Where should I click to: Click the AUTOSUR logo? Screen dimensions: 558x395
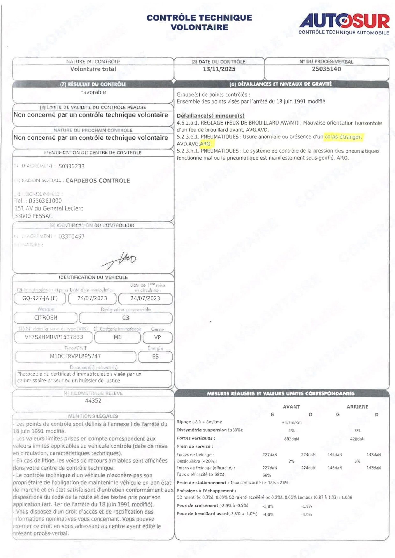click(344, 23)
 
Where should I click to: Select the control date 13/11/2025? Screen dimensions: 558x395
click(219, 69)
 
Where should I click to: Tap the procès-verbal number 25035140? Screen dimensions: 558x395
click(326, 69)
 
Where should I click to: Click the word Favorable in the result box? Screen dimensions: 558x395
click(93, 92)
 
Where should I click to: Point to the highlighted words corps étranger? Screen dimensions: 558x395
click(343, 137)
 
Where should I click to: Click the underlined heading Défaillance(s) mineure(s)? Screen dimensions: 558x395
click(211, 115)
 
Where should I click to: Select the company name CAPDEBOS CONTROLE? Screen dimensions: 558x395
click(98, 181)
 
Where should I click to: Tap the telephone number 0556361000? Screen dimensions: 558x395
click(45, 201)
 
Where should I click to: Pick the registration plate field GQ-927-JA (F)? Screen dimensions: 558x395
click(40, 298)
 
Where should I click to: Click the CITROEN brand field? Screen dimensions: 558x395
click(46, 318)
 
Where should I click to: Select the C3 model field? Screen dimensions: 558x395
click(126, 318)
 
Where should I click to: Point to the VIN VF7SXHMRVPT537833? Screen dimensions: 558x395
click(54, 337)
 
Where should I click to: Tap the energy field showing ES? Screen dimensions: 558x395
click(155, 357)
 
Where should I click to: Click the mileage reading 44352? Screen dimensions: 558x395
click(93, 401)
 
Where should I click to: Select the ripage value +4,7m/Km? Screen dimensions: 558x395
click(292, 422)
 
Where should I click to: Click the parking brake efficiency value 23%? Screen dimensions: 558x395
click(284, 482)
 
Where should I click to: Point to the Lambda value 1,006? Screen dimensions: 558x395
click(347, 497)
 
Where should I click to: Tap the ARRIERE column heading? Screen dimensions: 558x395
click(357, 407)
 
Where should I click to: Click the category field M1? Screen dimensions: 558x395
click(117, 337)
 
